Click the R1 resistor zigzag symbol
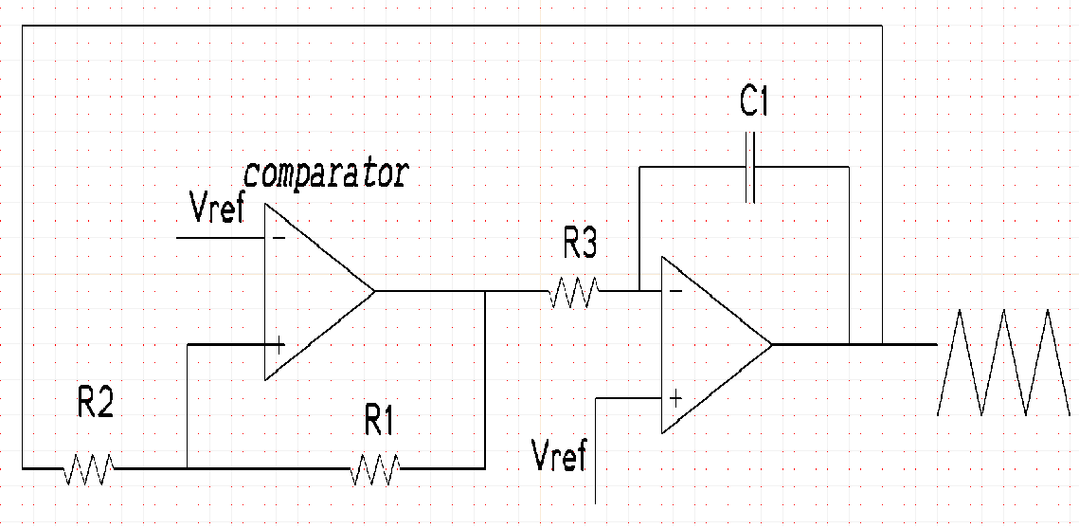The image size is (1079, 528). point(375,468)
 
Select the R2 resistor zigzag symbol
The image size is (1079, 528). point(89,468)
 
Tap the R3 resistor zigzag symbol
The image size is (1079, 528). point(572,292)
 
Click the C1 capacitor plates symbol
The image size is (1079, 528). point(750,167)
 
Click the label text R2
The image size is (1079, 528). point(95,405)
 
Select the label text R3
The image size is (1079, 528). point(580,245)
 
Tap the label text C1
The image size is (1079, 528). point(754,103)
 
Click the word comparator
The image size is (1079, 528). point(327,173)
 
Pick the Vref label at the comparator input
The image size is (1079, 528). point(217,209)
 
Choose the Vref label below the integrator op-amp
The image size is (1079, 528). point(560,456)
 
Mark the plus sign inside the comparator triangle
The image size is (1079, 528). point(279,345)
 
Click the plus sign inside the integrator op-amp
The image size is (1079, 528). point(675,398)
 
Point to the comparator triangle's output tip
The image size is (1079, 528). point(375,292)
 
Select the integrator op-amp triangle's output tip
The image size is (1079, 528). point(772,344)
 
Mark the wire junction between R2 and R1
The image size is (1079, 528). point(188,468)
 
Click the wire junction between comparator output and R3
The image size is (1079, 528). point(484,292)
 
